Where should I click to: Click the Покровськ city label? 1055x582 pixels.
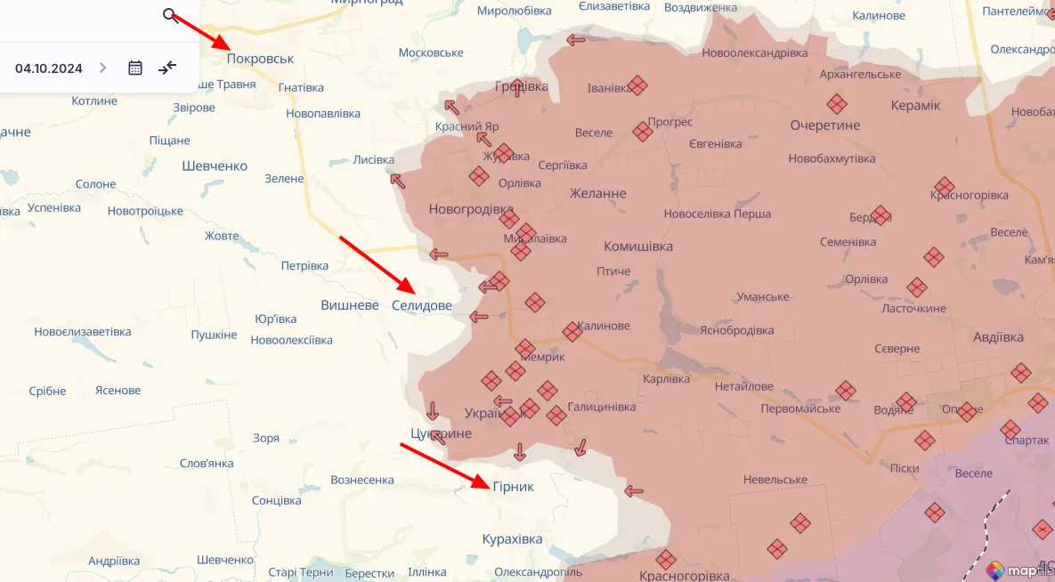[x=260, y=59]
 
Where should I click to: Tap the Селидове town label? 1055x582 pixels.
[x=421, y=305]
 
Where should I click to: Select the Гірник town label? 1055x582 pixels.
[x=513, y=487]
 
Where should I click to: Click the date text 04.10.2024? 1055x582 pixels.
[x=49, y=69]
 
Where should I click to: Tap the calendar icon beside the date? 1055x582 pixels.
[x=135, y=68]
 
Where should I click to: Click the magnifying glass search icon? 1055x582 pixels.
[x=169, y=15]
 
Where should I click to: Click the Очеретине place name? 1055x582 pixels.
[x=824, y=125]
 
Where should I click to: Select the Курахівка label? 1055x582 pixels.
[x=512, y=539]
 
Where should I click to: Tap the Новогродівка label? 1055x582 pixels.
[x=471, y=209]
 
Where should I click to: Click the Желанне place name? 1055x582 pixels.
[x=597, y=193]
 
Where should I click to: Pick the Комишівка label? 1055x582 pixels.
[x=637, y=247]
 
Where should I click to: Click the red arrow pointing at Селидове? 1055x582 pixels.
[x=377, y=264]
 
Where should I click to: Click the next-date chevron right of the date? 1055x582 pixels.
[x=102, y=68]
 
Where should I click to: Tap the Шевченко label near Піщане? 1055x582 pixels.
[x=215, y=166]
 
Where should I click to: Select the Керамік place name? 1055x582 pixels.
[x=915, y=106]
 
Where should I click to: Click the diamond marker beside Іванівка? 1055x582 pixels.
[x=637, y=85]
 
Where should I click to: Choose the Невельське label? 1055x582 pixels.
[x=775, y=480]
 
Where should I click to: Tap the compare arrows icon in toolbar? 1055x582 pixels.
[x=167, y=68]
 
